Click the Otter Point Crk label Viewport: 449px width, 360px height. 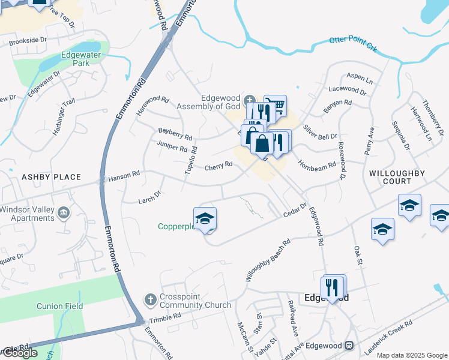353,43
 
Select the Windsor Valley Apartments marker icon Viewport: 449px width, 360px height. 63,213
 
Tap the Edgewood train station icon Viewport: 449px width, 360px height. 348,346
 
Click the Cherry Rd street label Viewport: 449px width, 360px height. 218,166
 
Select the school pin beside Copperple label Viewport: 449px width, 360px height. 205,219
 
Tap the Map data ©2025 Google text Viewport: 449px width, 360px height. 412,355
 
